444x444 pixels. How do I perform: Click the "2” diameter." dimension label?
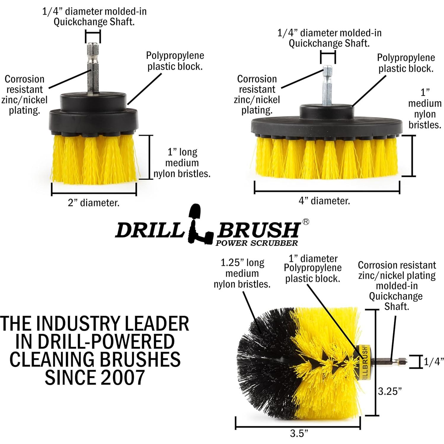tap(94, 203)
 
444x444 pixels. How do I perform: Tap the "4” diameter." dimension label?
tap(324, 201)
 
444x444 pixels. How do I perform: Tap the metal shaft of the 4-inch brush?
tap(328, 86)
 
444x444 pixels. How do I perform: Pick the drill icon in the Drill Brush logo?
tap(198, 224)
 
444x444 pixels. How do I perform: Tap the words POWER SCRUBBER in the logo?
tap(257, 243)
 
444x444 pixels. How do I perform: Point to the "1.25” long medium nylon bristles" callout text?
tap(242, 273)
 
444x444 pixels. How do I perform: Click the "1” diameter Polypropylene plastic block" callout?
tap(313, 268)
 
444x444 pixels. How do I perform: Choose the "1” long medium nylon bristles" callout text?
tap(182, 163)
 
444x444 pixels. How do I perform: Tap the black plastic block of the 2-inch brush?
tap(94, 116)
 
